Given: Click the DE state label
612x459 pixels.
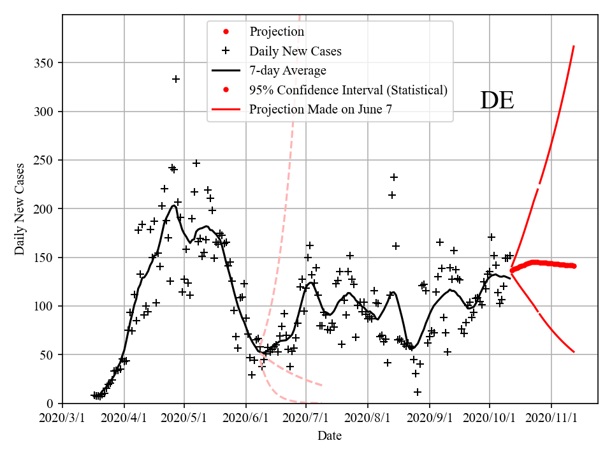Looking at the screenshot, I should pyautogui.click(x=497, y=101).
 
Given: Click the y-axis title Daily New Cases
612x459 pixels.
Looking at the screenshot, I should pyautogui.click(x=20, y=209).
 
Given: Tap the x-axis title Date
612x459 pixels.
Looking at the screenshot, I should pyautogui.click(x=330, y=436).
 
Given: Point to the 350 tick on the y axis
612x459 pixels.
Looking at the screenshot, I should pyautogui.click(x=45, y=63).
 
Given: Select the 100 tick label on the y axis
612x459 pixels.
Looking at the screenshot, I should pyautogui.click(x=45, y=307).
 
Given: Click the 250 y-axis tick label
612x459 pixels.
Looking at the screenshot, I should pyautogui.click(x=45, y=161).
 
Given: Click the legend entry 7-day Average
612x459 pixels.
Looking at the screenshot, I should pyautogui.click(x=288, y=70).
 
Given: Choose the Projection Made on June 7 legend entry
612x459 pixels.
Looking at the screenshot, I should pyautogui.click(x=321, y=109).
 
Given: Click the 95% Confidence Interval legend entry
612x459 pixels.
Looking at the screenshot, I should pyautogui.click(x=348, y=90).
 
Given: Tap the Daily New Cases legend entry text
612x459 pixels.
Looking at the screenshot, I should pyautogui.click(x=295, y=51).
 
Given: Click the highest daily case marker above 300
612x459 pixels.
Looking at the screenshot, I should pyautogui.click(x=176, y=79).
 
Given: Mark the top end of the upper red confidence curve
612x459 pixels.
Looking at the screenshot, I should pyautogui.click(x=574, y=46).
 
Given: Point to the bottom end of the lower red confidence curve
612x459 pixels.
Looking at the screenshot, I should pyautogui.click(x=574, y=352).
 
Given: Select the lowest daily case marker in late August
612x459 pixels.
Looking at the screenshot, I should pyautogui.click(x=418, y=392).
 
